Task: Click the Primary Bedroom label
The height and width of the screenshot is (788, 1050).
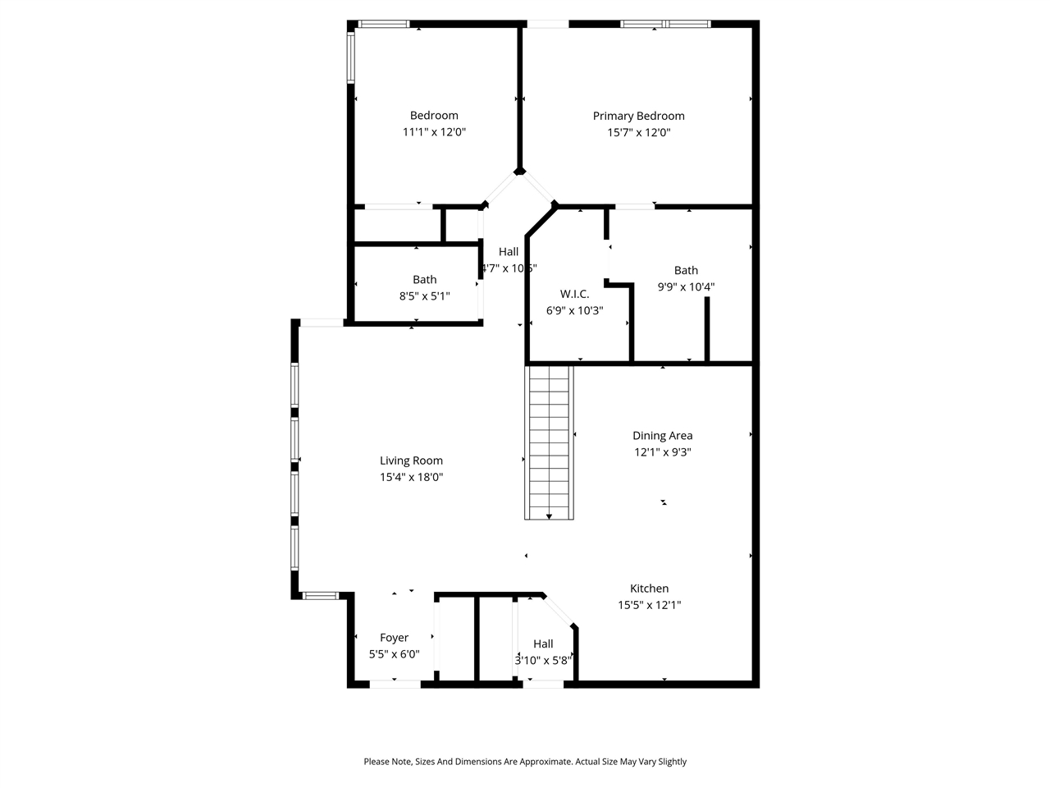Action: coord(638,116)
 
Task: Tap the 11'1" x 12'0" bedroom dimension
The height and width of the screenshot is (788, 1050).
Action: coord(434,132)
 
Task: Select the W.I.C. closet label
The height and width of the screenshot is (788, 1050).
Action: coord(574,294)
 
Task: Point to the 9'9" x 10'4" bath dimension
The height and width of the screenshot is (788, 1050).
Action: coord(686,287)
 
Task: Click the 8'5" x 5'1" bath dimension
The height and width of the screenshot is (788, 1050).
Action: coord(424,296)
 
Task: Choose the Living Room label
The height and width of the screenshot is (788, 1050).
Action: coord(411,460)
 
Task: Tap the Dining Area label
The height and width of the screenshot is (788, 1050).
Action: coord(662,436)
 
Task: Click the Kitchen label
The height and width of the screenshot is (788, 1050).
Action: coord(649,589)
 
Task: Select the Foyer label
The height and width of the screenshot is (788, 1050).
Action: coord(394,638)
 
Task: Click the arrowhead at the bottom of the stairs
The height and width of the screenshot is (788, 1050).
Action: coord(549,515)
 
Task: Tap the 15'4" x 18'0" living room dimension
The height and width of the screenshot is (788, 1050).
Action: coord(411,478)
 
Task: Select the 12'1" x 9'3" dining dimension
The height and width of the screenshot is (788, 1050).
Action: coord(662,452)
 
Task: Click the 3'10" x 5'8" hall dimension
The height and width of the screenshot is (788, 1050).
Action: coord(543,660)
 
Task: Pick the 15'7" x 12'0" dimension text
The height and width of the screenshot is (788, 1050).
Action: coord(638,132)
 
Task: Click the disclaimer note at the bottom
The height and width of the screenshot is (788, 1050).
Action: coord(525,762)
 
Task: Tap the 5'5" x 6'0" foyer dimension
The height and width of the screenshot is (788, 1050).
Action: coord(394,654)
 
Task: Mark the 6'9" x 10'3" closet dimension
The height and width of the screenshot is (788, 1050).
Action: coord(574,310)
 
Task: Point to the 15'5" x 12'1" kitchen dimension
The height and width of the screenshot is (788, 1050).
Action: coord(649,605)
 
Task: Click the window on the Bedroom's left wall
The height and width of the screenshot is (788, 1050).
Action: coord(350,57)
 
